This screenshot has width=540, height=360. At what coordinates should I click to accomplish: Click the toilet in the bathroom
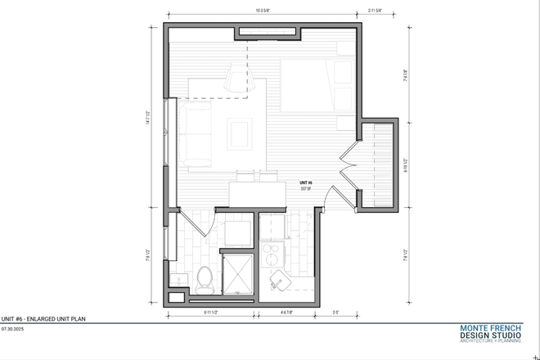tap(205, 278)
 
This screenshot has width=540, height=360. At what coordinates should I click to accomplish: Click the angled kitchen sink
tap(280, 281)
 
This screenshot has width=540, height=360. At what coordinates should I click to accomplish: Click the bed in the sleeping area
tap(317, 85)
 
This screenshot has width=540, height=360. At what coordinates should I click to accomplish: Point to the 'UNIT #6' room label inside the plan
tap(305, 183)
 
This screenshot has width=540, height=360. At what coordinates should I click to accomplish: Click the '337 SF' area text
tap(305, 189)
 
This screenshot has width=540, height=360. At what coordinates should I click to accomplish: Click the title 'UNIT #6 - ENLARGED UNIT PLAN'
tap(43, 318)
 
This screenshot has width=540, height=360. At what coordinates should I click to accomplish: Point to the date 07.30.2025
tap(14, 327)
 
